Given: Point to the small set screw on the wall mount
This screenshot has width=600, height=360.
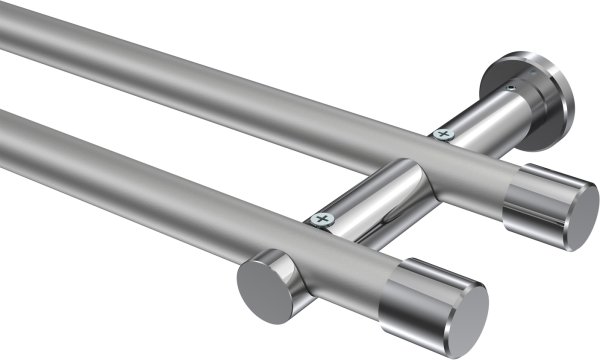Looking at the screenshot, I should [511, 89].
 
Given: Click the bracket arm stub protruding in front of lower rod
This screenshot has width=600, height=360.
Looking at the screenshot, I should [285, 270].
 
